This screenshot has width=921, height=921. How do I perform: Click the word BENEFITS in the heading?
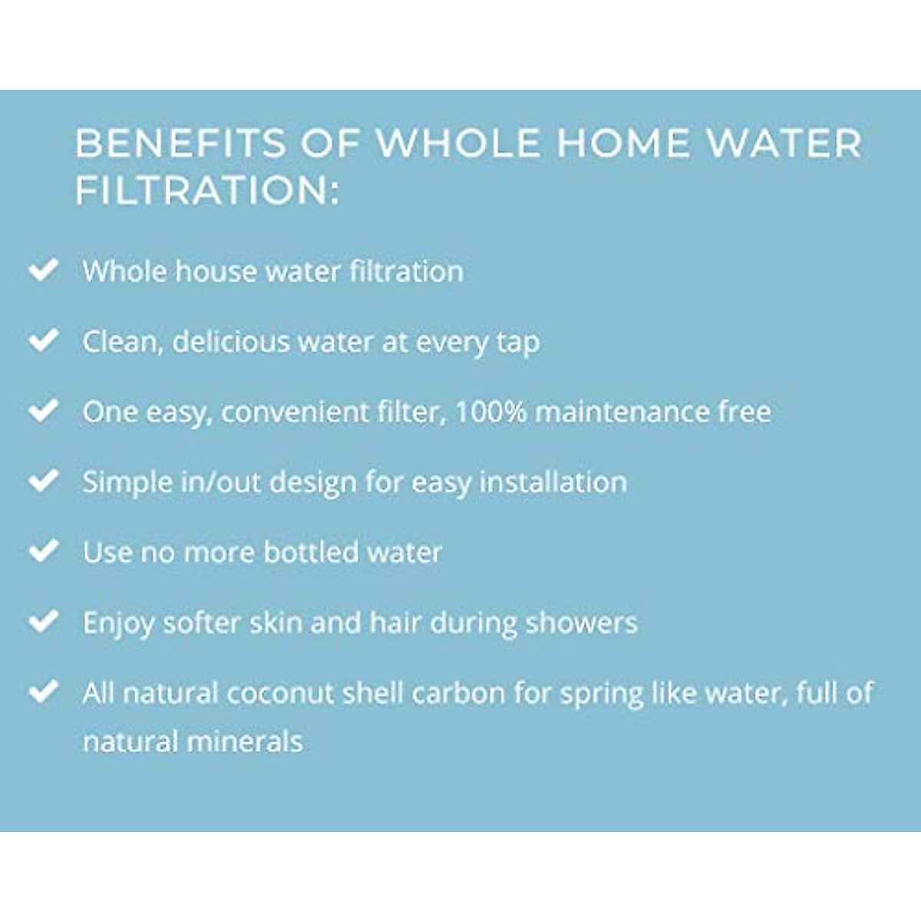[x=180, y=143]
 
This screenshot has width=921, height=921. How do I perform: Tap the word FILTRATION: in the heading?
[x=207, y=190]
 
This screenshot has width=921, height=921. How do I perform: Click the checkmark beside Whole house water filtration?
[x=44, y=269]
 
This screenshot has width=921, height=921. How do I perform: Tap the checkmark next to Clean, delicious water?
[x=44, y=340]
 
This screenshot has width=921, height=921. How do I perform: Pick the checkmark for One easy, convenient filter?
[x=44, y=410]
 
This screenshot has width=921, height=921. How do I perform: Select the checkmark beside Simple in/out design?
[x=44, y=480]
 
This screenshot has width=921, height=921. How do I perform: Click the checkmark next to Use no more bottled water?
[x=44, y=550]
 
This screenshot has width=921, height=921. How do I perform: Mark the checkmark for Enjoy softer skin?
[x=44, y=621]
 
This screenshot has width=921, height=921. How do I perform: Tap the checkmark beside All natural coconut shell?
[x=44, y=691]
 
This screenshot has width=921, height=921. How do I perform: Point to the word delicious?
[x=231, y=342]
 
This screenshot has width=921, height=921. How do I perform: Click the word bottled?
[x=311, y=552]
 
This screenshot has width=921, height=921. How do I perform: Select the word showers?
[x=582, y=622]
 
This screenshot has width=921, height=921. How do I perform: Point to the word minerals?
[x=245, y=741]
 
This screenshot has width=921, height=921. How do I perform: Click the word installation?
[x=553, y=482]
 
